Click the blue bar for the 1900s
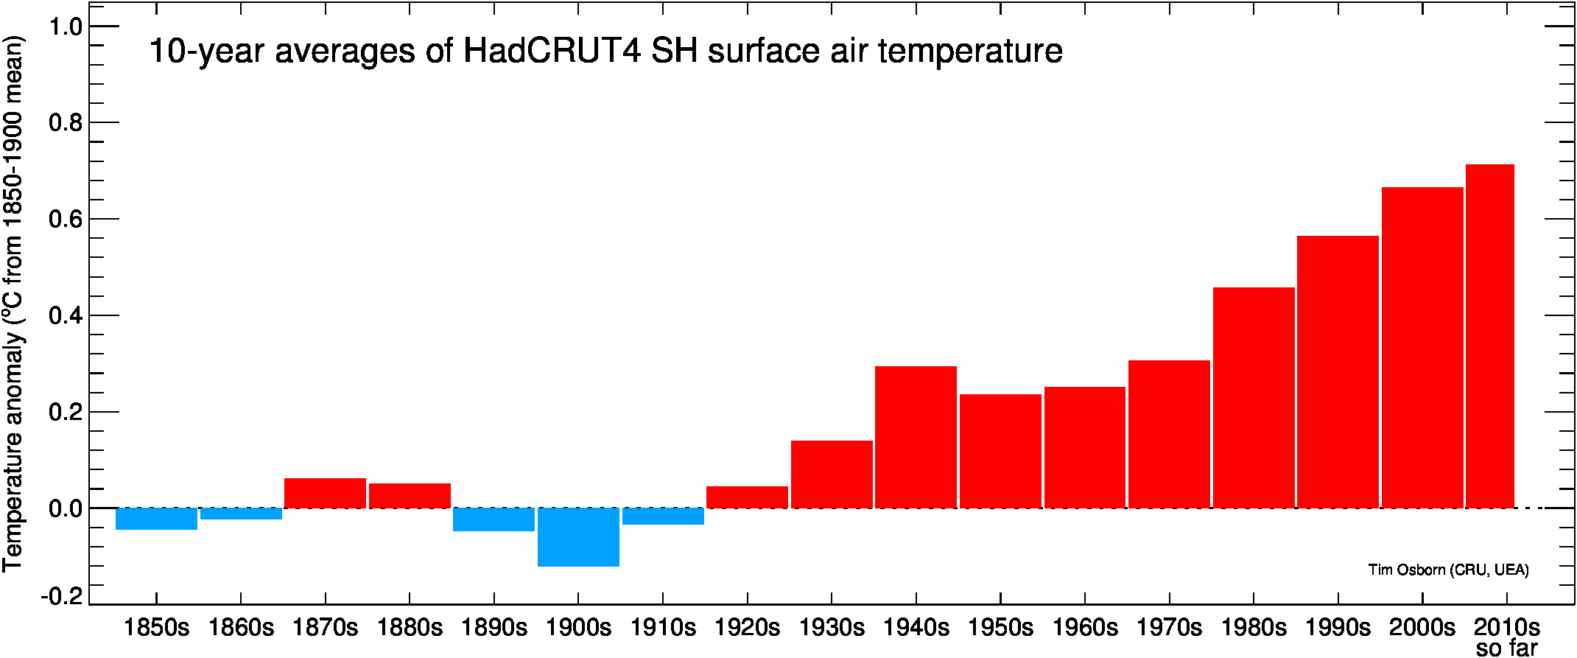pos(578,537)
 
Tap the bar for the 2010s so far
pos(1489,336)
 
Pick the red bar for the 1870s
pos(325,493)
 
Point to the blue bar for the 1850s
pos(156,519)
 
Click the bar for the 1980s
pos(1254,398)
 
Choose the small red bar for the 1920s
pos(747,497)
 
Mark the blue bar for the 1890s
pos(494,519)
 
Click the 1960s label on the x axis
pos(1084,628)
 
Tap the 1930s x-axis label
pos(832,628)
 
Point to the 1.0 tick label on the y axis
pos(65,27)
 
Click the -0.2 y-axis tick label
pos(62,596)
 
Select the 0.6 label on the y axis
pos(65,219)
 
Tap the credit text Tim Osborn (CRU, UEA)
pos(1448,570)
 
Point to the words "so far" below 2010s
pos(1506,648)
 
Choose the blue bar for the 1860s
pos(241,514)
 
